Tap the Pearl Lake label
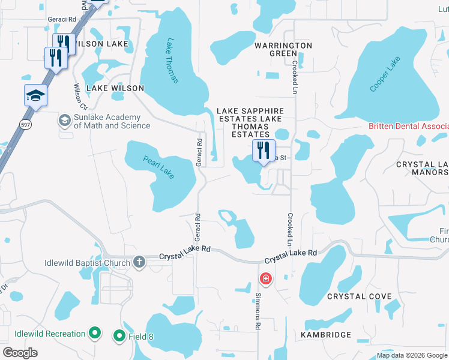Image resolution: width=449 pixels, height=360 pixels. coord(158,167)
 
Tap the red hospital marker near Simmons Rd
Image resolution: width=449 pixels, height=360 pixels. coord(265,278)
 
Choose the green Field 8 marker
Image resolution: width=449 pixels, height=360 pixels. coord(119,337)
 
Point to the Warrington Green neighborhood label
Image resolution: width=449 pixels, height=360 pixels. coord(283,49)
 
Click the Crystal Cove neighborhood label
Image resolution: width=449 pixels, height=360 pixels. coord(359,296)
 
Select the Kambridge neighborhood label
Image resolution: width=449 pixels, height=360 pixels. coord(327,335)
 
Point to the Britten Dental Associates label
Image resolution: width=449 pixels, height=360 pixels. coord(408,127)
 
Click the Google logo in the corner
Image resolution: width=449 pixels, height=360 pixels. coord(20,352)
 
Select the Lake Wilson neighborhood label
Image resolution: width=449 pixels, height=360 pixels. coord(115,88)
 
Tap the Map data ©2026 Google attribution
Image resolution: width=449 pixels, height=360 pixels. coord(412,355)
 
